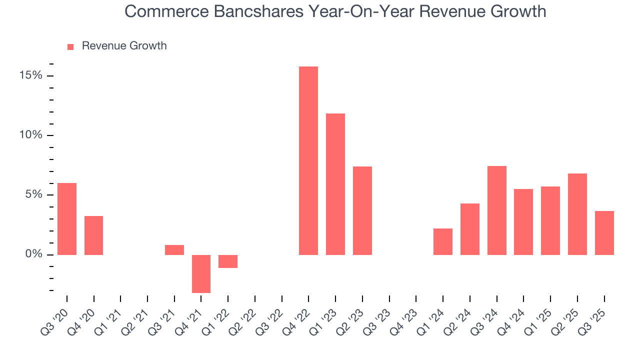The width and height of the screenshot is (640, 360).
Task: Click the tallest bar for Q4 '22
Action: click(x=308, y=160)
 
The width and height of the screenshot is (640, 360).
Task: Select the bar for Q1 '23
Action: click(x=335, y=184)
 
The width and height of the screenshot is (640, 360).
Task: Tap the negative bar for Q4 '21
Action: click(x=201, y=273)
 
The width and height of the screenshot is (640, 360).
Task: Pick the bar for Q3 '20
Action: click(x=67, y=219)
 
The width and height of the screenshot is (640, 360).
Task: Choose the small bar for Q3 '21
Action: click(x=174, y=250)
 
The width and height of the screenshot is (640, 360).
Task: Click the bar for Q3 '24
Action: click(x=496, y=210)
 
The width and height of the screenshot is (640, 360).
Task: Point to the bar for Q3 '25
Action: click(x=604, y=233)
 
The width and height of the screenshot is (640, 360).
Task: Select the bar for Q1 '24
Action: click(x=443, y=241)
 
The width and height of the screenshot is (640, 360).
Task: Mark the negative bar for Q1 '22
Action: click(x=228, y=261)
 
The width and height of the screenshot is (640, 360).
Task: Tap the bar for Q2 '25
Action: click(x=577, y=214)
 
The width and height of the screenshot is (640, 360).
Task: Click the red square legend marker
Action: click(x=70, y=46)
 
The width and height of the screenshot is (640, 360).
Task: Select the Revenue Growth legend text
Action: click(x=124, y=46)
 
